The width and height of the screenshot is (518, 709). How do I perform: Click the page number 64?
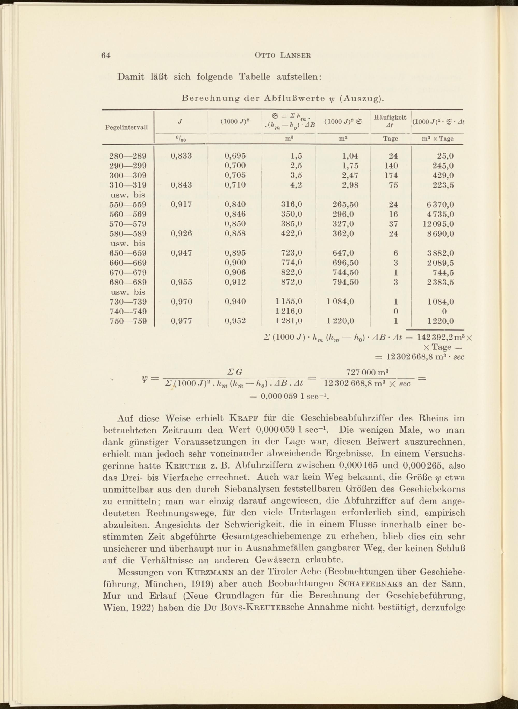click(106, 56)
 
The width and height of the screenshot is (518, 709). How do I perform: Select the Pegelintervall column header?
click(126, 127)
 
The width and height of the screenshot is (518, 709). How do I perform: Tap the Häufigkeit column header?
click(390, 118)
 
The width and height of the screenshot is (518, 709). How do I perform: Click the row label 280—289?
click(128, 156)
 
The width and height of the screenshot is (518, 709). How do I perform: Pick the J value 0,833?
click(181, 156)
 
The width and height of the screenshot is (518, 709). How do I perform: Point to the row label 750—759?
click(128, 321)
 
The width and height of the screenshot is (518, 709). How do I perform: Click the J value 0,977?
click(181, 321)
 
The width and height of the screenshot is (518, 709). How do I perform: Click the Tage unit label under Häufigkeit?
click(390, 139)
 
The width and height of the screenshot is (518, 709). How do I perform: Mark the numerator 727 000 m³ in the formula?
click(367, 372)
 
